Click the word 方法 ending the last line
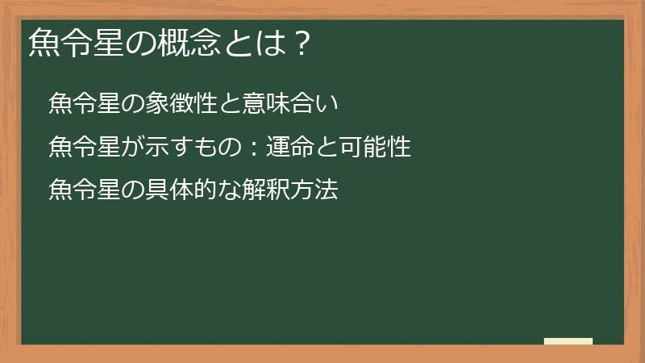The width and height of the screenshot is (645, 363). pos(315,191)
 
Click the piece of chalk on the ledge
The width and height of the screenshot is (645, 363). pos(568,341)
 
